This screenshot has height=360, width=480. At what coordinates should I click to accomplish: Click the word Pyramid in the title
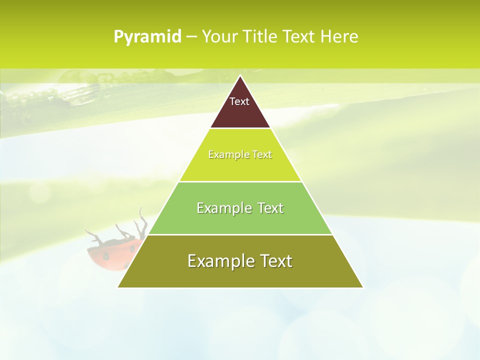pos(147,37)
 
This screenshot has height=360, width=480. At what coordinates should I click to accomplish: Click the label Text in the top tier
pos(239,101)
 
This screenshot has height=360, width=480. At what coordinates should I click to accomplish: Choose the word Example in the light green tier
pos(219,208)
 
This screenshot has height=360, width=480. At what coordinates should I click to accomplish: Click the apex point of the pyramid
pos(240,76)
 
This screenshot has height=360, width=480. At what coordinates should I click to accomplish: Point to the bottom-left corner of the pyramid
pos(118,287)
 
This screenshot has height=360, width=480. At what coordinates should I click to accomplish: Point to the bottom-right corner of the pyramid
pos(362,287)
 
